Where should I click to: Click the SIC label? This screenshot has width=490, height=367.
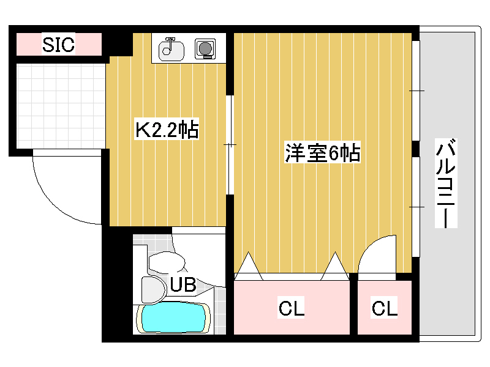point(58,44)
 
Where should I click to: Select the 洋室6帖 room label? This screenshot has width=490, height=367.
point(323,152)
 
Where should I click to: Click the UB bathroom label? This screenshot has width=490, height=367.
point(183,284)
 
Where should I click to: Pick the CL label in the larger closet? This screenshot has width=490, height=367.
point(292,308)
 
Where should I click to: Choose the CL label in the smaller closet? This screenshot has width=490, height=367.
point(384,308)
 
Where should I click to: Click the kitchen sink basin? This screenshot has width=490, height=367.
point(171,50)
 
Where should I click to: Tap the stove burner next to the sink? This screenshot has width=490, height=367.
point(205,49)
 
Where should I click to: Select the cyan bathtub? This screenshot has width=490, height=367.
point(173,318)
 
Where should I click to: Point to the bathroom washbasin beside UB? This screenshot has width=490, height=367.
point(154,290)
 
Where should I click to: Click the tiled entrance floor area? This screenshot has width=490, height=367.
point(61,106)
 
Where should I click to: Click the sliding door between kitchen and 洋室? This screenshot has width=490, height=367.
point(230,145)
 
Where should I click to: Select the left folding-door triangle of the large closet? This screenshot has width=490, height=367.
point(249,265)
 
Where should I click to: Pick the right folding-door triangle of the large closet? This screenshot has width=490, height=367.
point(335,265)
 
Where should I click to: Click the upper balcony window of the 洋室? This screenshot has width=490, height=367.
point(416,91)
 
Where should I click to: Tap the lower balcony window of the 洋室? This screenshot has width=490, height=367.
point(416,207)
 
